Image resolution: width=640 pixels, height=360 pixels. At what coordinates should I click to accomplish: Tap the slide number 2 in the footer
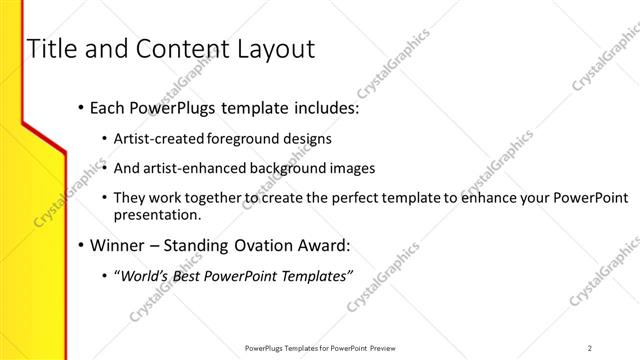589,348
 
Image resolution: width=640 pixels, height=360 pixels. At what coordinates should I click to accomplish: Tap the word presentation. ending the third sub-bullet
158,214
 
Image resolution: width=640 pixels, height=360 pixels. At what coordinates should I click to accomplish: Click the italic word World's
144,276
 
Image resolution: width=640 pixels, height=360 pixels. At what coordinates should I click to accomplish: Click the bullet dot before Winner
80,245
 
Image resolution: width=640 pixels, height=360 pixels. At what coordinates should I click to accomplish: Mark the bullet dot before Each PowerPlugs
80,107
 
